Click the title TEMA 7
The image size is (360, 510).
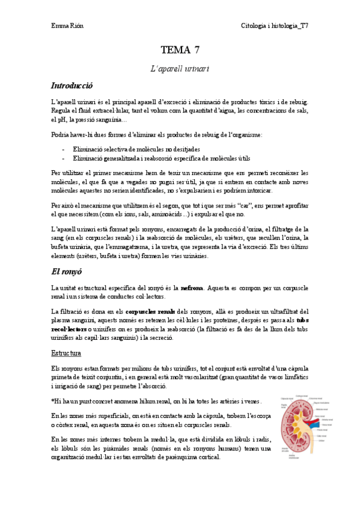coord(180,51)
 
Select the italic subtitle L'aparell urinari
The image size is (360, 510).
coord(180,69)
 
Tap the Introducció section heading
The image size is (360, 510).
coord(72,86)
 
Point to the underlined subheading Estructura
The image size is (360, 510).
coord(66,352)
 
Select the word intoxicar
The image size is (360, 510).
coord(258,191)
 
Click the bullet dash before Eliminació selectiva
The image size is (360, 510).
coord(63,149)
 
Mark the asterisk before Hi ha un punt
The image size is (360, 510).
coord(53,400)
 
